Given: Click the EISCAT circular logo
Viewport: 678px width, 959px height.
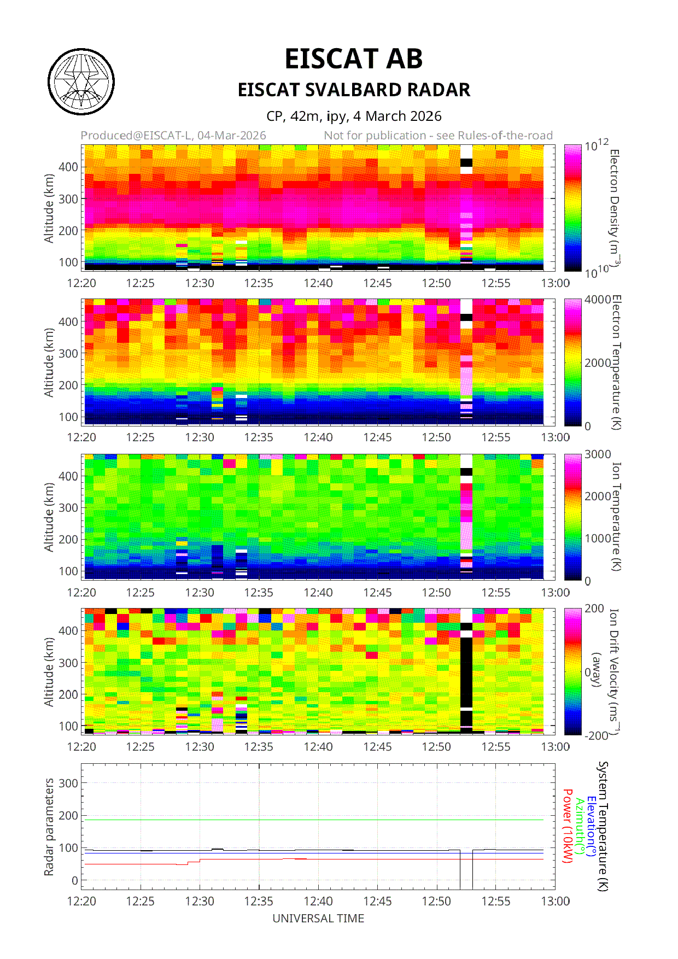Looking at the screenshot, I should (x=81, y=82).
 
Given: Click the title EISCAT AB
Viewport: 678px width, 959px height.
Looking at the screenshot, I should (x=354, y=59).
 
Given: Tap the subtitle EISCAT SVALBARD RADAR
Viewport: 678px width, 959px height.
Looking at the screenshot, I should (x=354, y=90).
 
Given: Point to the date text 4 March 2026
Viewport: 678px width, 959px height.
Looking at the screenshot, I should (x=397, y=116).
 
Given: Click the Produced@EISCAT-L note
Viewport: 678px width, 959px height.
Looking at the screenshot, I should (x=173, y=136).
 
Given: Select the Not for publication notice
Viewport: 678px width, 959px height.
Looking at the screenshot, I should (x=438, y=136).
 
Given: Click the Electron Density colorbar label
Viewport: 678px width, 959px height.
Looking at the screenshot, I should (x=615, y=208).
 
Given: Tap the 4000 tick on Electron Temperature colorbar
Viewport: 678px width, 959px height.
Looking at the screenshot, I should (x=597, y=300).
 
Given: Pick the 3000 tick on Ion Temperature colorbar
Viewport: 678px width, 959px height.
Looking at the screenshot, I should (x=597, y=454).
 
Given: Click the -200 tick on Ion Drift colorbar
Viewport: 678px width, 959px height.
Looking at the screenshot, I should (x=596, y=736).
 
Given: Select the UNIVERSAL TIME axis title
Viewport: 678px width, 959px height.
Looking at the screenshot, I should (x=318, y=919).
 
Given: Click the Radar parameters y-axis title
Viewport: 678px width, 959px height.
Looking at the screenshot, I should (x=49, y=827).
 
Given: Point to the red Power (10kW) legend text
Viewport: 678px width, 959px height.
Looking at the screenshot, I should (x=568, y=826).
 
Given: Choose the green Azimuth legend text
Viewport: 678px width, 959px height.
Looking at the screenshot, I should (x=580, y=826).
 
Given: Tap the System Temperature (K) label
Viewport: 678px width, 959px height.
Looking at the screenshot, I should (x=603, y=826).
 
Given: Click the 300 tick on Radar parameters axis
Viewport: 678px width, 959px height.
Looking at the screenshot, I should (x=68, y=783).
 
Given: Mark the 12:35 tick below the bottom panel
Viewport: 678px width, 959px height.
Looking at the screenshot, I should (x=259, y=901).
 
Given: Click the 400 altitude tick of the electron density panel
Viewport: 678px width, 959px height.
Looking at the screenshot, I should (x=68, y=167).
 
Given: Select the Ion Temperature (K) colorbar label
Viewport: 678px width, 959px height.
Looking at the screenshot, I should (x=616, y=517).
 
